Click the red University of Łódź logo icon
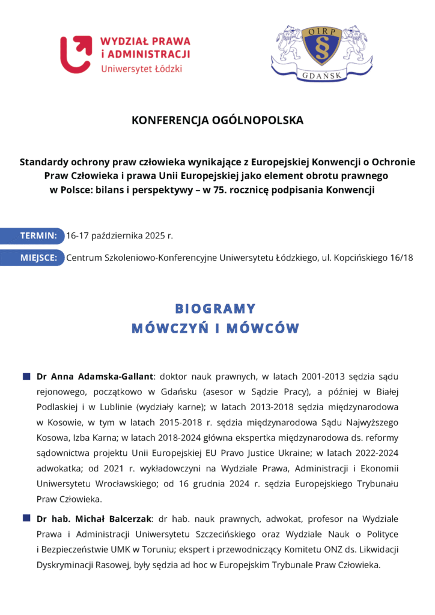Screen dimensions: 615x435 tap(76, 54)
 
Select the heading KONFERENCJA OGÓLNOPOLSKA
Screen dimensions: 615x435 tap(218, 120)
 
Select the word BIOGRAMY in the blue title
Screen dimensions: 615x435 tap(215, 309)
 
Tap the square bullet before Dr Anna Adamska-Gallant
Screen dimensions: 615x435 tap(26, 377)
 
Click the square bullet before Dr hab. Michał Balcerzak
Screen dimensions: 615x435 tap(26, 518)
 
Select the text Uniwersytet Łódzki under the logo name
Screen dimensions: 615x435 tap(141, 68)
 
